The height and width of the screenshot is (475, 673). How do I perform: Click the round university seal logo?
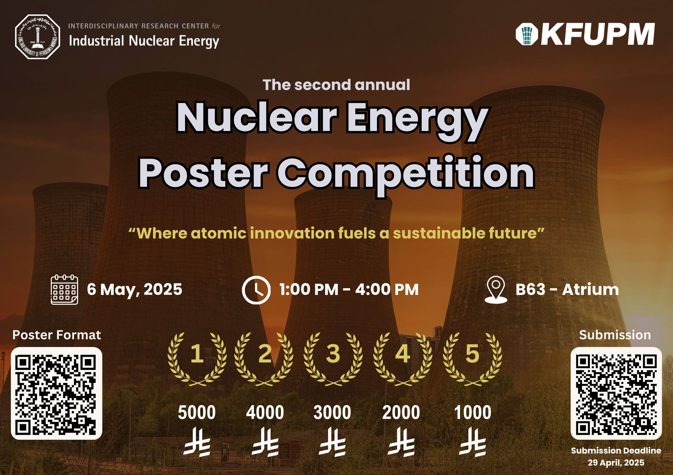[x=38, y=37]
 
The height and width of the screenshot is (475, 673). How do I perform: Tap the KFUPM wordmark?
[x=585, y=34]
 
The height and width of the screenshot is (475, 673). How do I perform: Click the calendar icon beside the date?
[x=64, y=290]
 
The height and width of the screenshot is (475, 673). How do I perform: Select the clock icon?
[x=256, y=290]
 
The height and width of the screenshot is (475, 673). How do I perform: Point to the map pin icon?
[x=496, y=290]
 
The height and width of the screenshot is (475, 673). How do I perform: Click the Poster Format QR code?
[x=57, y=393]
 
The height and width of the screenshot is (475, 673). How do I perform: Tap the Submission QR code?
[x=616, y=393]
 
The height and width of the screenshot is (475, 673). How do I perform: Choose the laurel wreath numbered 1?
[x=197, y=359]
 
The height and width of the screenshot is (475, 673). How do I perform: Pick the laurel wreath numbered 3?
[x=333, y=359]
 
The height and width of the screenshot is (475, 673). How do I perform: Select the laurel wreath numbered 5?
[x=472, y=359]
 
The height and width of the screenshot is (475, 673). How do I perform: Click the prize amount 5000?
[x=197, y=413]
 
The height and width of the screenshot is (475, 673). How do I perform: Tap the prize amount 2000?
[x=401, y=413]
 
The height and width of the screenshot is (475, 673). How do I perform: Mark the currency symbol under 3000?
[x=332, y=442]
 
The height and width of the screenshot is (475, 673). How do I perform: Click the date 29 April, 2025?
[x=616, y=463]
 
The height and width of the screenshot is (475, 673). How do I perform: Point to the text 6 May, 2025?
[x=135, y=290]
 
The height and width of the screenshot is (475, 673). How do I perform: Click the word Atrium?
[x=591, y=290]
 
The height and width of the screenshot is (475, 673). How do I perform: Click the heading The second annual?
[x=336, y=85]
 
